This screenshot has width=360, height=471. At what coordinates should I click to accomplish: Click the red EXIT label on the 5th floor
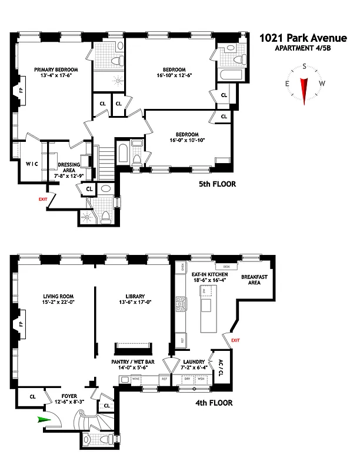coord(42,200)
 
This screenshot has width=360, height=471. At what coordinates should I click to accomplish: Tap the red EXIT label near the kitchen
coord(235,340)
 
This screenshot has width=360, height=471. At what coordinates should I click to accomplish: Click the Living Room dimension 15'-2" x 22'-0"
coord(56,303)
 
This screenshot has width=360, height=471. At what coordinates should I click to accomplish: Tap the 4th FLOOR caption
coord(214,403)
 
